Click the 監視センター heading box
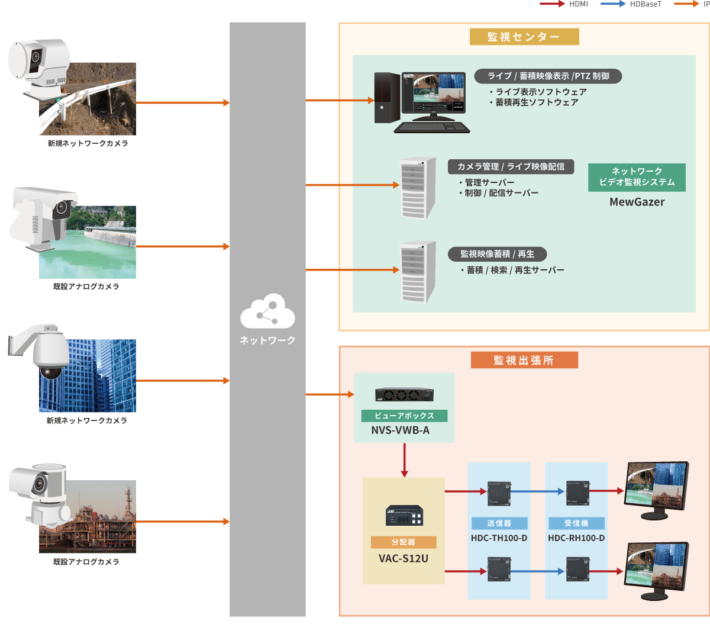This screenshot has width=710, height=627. click(524, 37)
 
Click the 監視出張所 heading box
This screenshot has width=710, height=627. click(524, 360)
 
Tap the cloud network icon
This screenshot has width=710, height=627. click(267, 311)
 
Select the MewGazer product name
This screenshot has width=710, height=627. click(637, 202)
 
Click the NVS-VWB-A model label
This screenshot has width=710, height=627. click(401, 430)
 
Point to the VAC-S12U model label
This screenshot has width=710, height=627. click(404, 558)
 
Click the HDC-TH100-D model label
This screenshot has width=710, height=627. click(499, 538)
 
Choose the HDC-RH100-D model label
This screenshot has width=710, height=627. click(576, 538)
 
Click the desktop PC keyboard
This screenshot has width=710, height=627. click(431, 127)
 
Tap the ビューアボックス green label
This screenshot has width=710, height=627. click(404, 416)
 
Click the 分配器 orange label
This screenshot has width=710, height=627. click(404, 542)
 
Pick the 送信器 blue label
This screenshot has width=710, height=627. click(499, 523)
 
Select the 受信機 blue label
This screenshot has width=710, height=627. click(576, 523)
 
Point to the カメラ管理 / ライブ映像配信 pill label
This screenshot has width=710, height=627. click(511, 166)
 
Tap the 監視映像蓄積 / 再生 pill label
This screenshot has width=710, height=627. click(497, 254)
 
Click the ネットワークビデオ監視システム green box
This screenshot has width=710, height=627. click(637, 177)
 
